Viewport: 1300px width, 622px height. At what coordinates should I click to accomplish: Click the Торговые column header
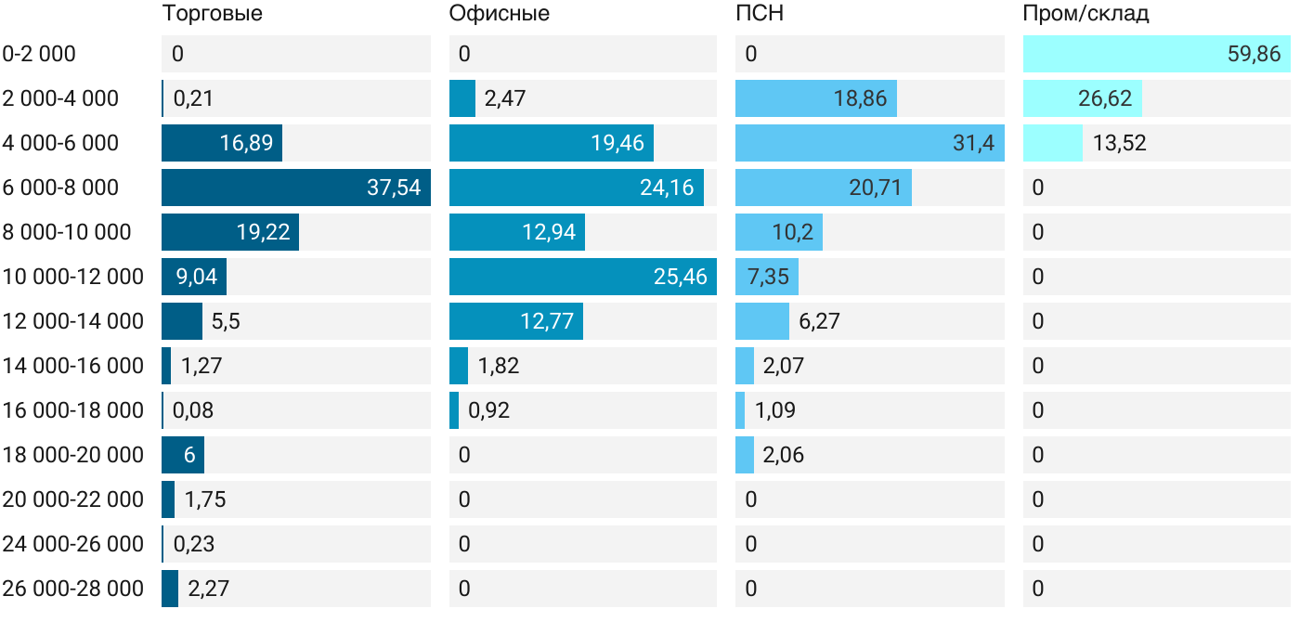tap(212, 13)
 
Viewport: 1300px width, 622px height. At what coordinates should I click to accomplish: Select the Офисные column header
tap(499, 13)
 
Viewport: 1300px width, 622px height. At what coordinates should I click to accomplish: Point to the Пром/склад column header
tap(1085, 13)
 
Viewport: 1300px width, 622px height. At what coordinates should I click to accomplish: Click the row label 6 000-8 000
tap(61, 188)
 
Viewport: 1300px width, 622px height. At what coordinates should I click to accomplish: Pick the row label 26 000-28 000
tap(73, 589)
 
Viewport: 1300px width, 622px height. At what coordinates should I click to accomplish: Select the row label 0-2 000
tap(39, 54)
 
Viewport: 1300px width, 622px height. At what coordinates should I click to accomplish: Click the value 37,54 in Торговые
tap(394, 188)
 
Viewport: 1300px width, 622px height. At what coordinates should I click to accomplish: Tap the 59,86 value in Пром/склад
tap(1254, 54)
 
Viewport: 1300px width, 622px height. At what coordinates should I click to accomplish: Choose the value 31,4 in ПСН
tap(974, 143)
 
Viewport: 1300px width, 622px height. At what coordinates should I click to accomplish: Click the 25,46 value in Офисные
tap(681, 277)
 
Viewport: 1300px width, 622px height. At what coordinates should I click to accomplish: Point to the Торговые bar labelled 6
tap(183, 455)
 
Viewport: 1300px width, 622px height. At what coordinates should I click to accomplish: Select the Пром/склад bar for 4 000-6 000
tap(1053, 143)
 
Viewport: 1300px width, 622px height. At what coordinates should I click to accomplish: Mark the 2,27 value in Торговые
tap(209, 589)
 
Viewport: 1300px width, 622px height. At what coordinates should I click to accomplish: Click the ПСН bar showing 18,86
tap(815, 98)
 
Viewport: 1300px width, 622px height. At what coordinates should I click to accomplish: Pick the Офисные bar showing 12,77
tap(515, 321)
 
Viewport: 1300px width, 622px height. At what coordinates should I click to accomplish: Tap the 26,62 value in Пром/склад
tap(1105, 98)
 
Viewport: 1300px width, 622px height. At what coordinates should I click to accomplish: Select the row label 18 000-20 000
tap(73, 455)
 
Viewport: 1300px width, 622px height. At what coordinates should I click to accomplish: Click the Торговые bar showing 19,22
tap(229, 232)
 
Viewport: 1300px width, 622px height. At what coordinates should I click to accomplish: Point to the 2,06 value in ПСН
tap(783, 455)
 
